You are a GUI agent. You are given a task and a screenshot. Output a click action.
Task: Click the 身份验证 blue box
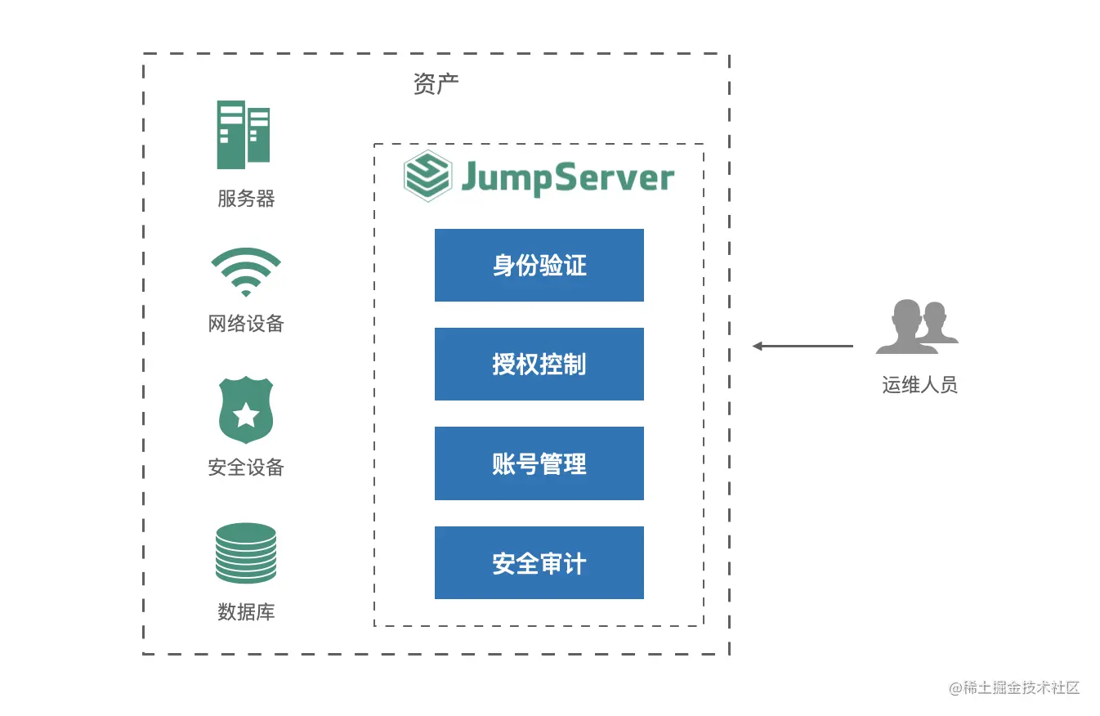click(x=539, y=265)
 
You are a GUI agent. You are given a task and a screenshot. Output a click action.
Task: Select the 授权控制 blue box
click(x=539, y=364)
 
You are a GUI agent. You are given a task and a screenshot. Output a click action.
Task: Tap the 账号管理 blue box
click(x=539, y=463)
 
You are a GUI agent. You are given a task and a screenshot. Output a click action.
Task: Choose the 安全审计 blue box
click(x=539, y=562)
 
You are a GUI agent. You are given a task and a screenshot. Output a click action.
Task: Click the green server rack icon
click(x=244, y=135)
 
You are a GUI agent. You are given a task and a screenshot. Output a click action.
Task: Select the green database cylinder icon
click(x=245, y=553)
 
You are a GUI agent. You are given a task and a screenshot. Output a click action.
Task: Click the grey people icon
click(x=917, y=327)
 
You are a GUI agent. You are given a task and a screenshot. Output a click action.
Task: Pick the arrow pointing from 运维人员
click(x=803, y=346)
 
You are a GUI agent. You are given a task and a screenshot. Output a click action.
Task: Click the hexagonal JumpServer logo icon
click(x=427, y=175)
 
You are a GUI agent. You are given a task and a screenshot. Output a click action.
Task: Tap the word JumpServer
click(x=568, y=177)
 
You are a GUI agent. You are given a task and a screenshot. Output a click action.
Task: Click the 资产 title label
click(x=436, y=84)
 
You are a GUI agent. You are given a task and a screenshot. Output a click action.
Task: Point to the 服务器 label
click(x=246, y=199)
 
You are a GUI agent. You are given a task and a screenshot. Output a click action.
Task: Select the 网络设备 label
click(x=246, y=324)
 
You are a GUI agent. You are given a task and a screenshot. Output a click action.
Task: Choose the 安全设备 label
click(x=246, y=468)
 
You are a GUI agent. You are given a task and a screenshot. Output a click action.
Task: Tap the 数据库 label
click(x=246, y=611)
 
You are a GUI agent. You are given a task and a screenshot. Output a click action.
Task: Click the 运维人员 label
click(x=919, y=385)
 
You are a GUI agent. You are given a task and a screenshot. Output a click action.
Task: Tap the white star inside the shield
click(x=245, y=416)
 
